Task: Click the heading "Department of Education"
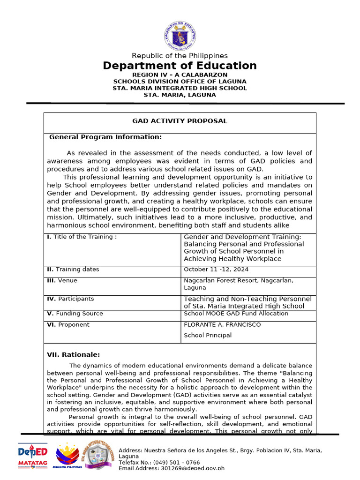pyautogui.click(x=180, y=66)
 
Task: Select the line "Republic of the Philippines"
pyautogui.click(x=180, y=56)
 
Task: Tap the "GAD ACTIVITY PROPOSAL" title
pyautogui.click(x=180, y=121)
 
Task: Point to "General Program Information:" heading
pyautogui.click(x=105, y=137)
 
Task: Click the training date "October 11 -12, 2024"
pyautogui.click(x=216, y=270)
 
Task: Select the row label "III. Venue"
pyautogui.click(x=62, y=280)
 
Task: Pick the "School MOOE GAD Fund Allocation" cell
pyautogui.click(x=236, y=314)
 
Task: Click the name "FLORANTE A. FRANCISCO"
pyautogui.click(x=222, y=324)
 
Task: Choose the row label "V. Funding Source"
pyautogui.click(x=75, y=314)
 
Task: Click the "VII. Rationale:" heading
pyautogui.click(x=74, y=354)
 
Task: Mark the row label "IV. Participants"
pyautogui.click(x=70, y=299)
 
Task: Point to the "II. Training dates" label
pyautogui.click(x=73, y=270)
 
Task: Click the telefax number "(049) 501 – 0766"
pyautogui.click(x=173, y=462)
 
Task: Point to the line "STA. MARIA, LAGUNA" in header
pyautogui.click(x=180, y=95)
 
